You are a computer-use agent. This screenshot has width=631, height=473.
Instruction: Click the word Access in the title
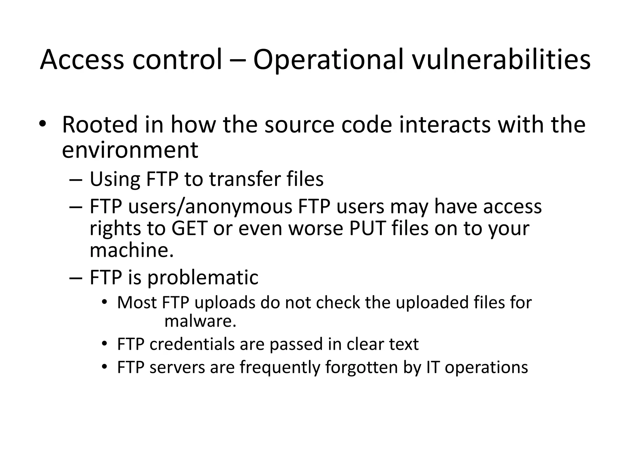82,60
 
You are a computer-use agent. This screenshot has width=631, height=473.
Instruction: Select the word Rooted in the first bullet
100,125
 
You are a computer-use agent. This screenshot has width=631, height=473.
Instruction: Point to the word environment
130,150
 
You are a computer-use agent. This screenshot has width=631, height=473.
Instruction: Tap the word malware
200,321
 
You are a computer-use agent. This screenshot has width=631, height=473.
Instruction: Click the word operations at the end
486,367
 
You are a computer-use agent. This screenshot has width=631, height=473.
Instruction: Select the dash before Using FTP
76,180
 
